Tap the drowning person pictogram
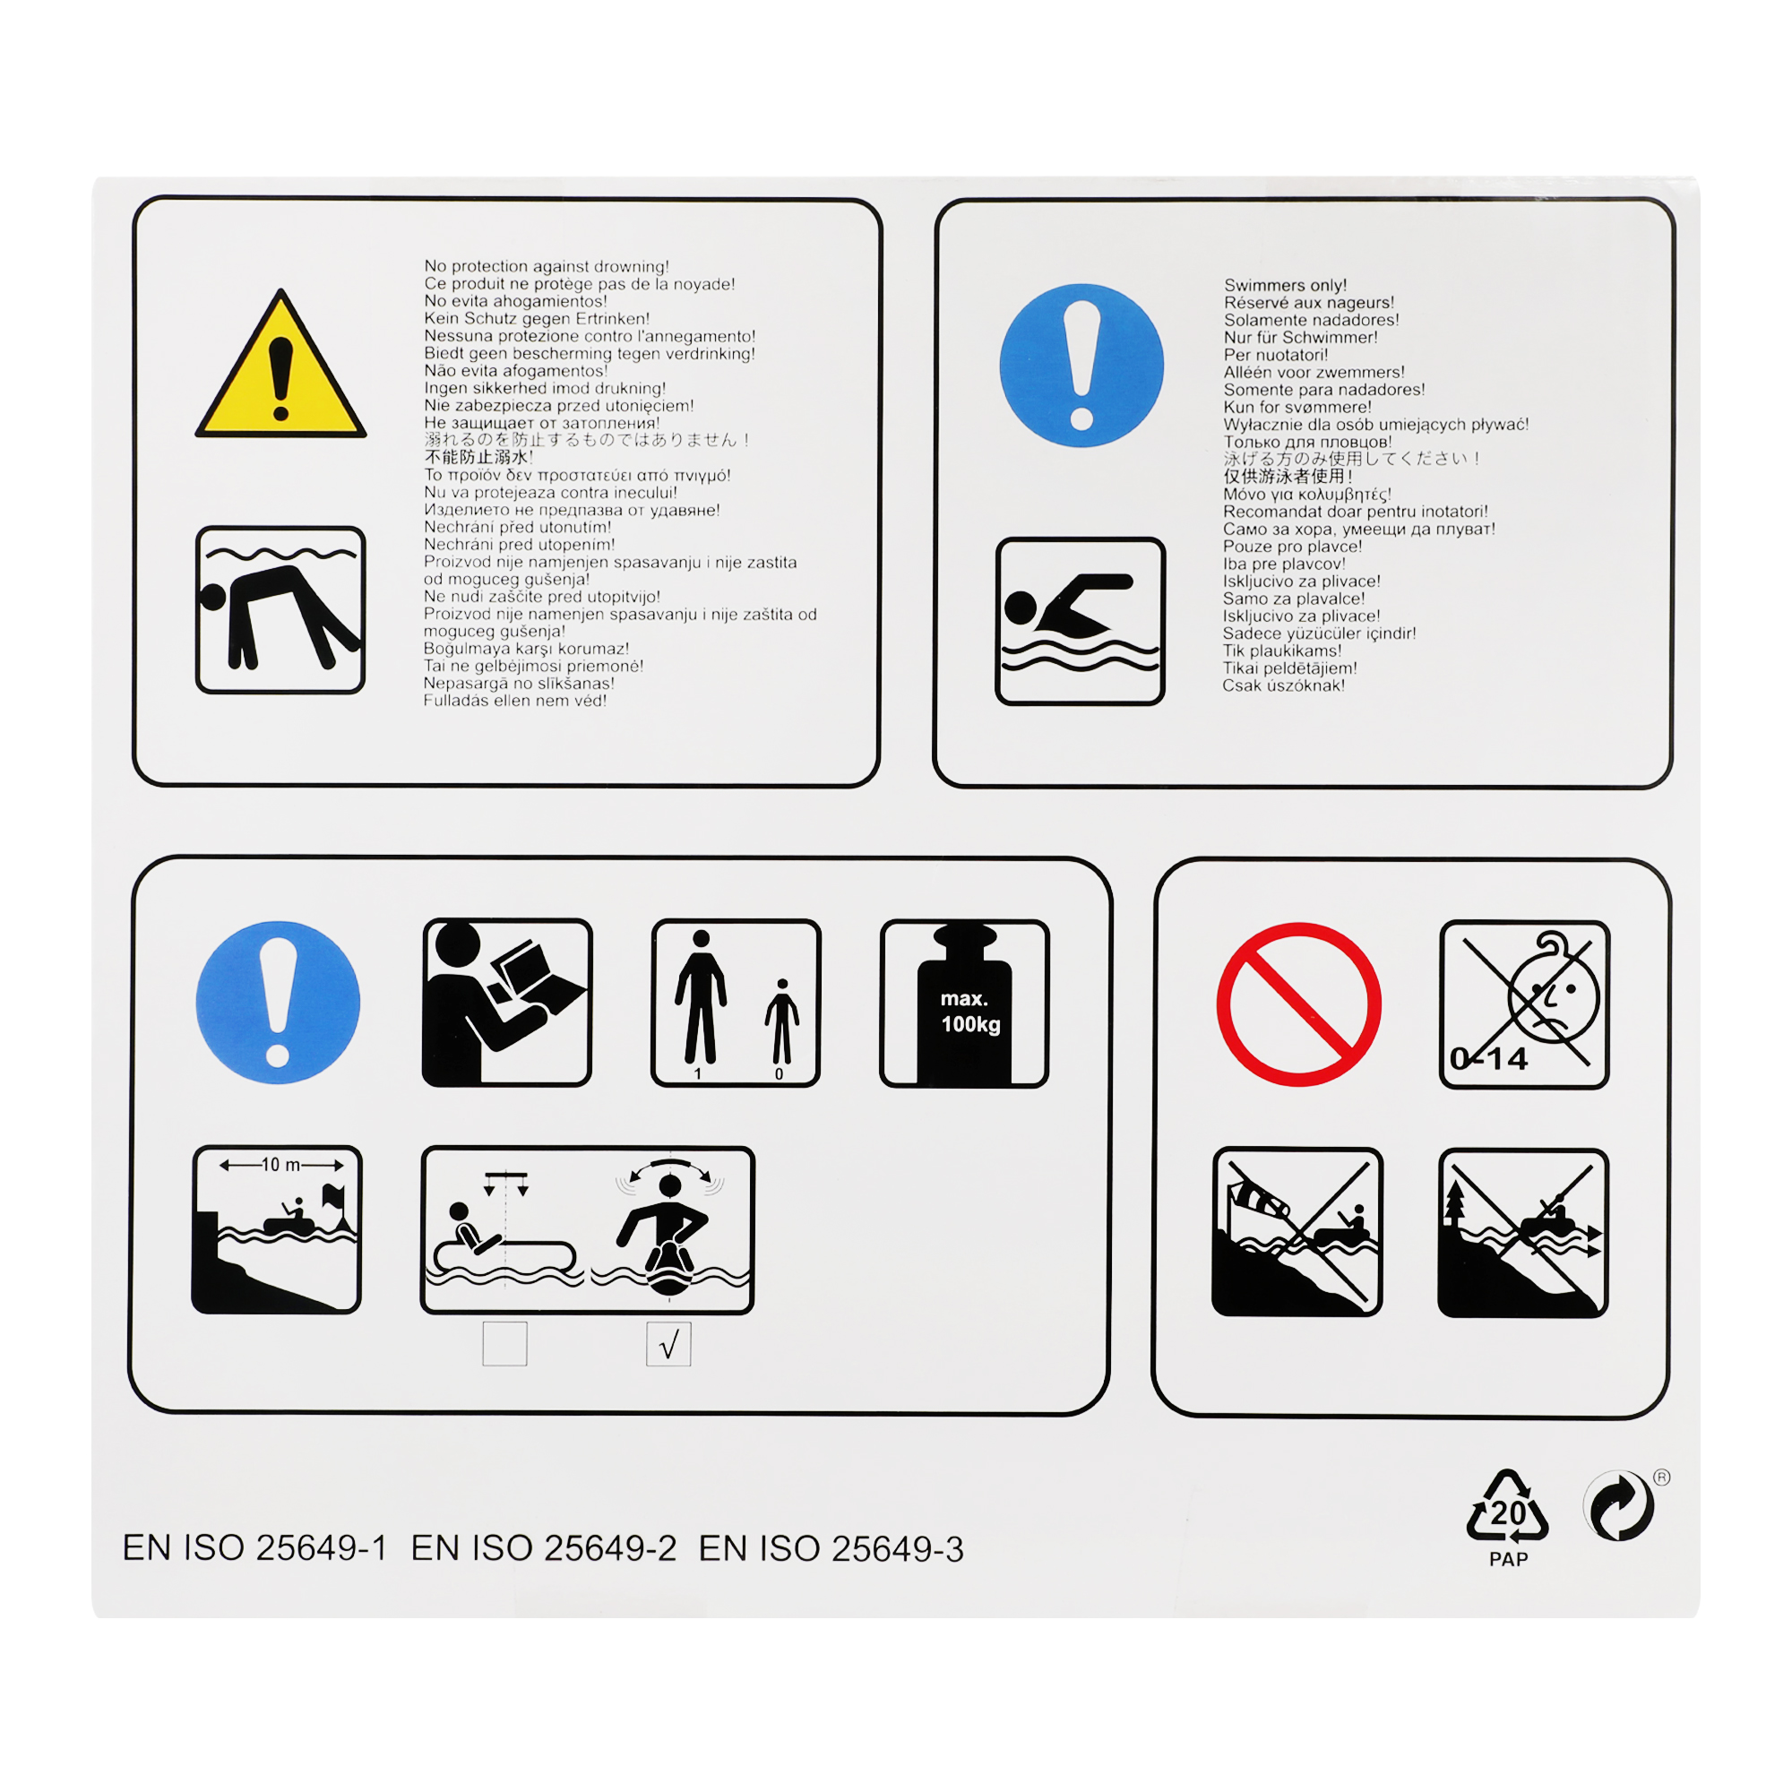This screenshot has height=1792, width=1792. (280, 609)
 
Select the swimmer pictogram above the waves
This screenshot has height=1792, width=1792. (1080, 621)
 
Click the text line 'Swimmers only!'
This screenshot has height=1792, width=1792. (1285, 285)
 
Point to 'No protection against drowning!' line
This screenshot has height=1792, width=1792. (547, 266)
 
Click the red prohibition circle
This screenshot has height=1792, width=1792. (1298, 1004)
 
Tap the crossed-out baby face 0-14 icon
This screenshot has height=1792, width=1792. (1524, 1004)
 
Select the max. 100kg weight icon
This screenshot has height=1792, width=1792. (964, 1003)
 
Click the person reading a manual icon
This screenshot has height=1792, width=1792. (506, 1002)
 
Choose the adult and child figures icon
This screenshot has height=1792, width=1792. (736, 1003)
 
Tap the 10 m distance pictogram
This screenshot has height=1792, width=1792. (276, 1229)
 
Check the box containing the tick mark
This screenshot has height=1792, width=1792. (668, 1344)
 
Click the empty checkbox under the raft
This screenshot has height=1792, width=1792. (504, 1344)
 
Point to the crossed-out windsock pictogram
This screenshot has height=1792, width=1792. (1297, 1232)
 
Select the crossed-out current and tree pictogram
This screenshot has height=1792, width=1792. (1523, 1233)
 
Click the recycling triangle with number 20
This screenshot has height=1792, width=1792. (1507, 1506)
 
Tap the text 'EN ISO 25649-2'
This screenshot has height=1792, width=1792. (544, 1548)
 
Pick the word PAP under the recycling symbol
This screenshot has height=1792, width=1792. (1508, 1559)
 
